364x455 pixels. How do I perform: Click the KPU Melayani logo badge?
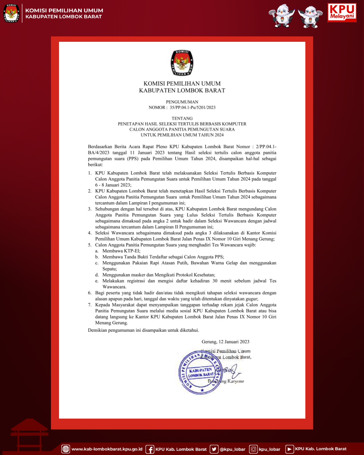click(342, 12)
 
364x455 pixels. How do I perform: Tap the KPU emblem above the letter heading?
click(182, 63)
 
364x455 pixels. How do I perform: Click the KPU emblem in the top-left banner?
click(11, 13)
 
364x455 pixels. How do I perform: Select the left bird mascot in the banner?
click(281, 16)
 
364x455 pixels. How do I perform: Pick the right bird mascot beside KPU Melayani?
click(310, 17)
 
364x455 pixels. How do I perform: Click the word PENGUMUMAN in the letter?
click(182, 102)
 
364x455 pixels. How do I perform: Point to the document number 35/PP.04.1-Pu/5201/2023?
click(192, 108)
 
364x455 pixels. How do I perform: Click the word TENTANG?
click(182, 118)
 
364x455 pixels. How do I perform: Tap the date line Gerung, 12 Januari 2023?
click(225, 342)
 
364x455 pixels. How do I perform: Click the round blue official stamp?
click(201, 372)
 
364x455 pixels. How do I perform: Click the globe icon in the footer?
click(66, 449)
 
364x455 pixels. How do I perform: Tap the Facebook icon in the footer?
click(150, 449)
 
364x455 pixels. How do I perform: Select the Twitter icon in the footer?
click(214, 449)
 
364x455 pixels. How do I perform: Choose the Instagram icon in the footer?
click(253, 449)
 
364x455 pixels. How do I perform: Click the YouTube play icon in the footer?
click(289, 449)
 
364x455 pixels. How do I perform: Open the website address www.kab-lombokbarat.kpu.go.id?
click(107, 449)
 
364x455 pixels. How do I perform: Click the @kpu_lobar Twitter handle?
click(233, 449)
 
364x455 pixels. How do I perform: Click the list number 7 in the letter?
click(90, 305)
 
